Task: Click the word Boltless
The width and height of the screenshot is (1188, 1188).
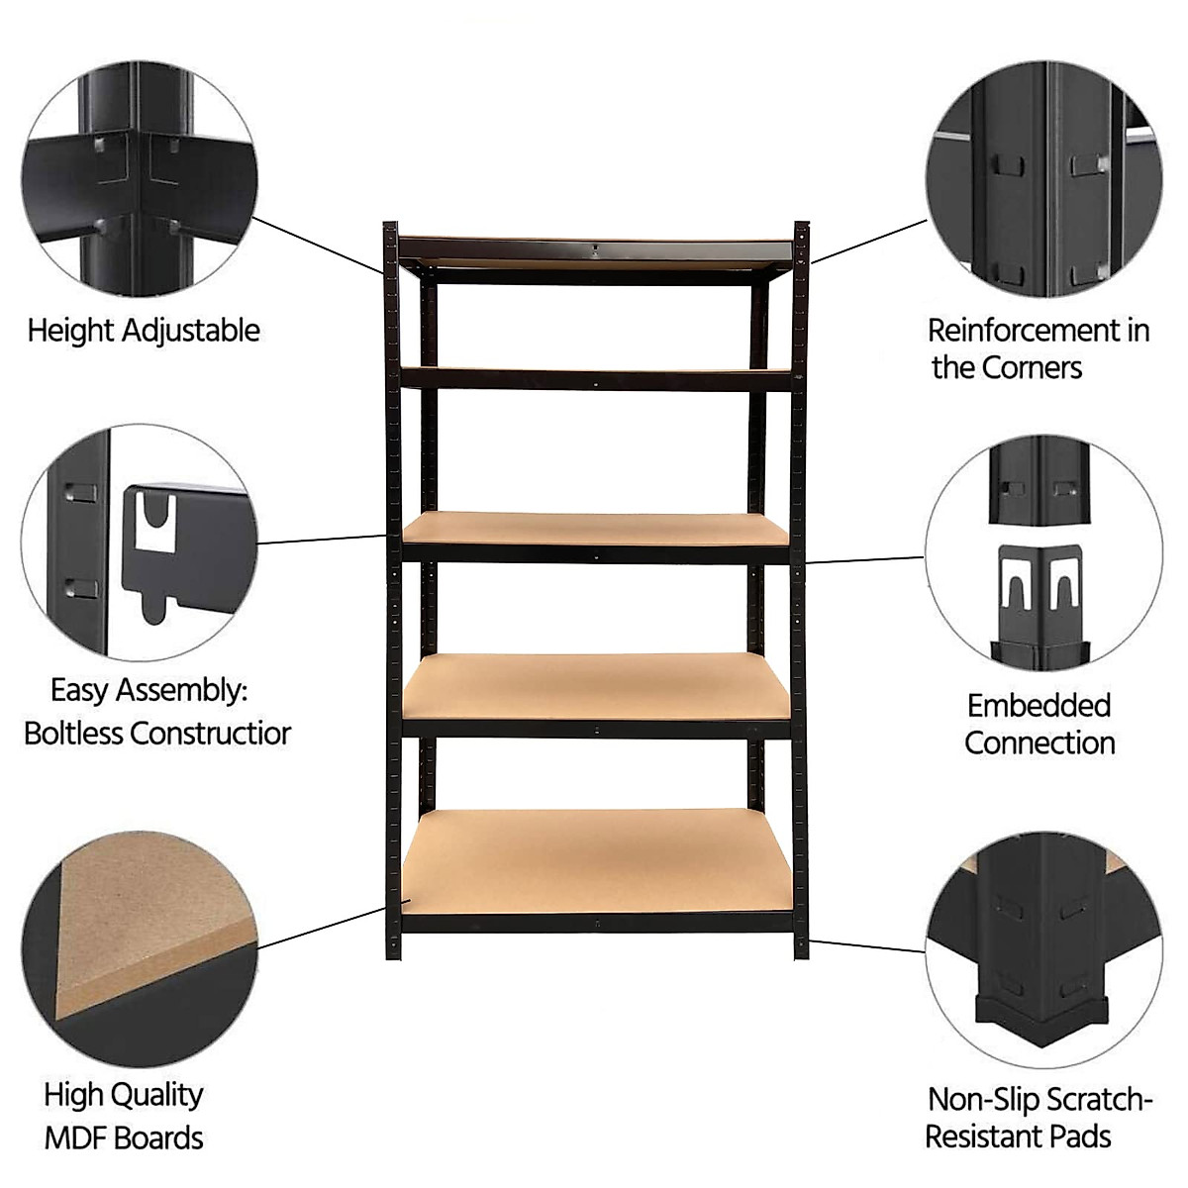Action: click(x=74, y=734)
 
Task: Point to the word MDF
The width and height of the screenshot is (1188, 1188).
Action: click(x=77, y=1138)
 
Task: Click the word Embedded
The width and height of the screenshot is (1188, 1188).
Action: click(x=1039, y=706)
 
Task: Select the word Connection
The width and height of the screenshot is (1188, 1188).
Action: click(x=1039, y=743)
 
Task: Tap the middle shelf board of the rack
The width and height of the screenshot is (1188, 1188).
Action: click(x=596, y=528)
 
